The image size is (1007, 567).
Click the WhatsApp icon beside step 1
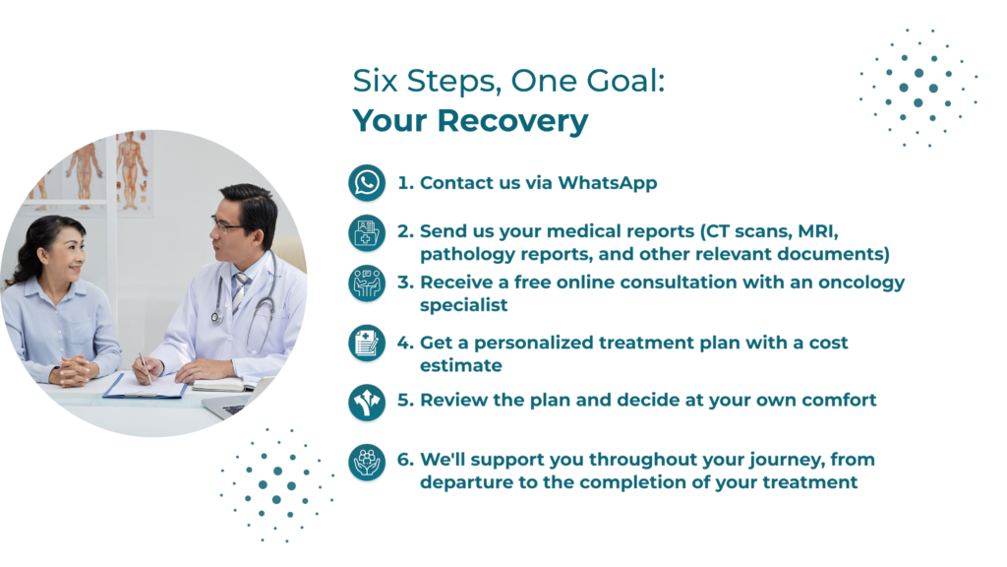[367, 182]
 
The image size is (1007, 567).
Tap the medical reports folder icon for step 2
[367, 232]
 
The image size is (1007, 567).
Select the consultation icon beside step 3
[367, 283]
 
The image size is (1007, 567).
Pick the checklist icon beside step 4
[367, 343]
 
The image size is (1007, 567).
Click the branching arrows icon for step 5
[367, 403]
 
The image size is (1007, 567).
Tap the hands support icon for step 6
[367, 462]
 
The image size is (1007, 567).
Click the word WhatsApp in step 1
[608, 183]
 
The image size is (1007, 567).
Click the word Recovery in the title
[512, 121]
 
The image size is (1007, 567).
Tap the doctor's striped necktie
[240, 291]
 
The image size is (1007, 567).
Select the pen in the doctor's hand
[146, 367]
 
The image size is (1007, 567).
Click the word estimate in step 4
[461, 366]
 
